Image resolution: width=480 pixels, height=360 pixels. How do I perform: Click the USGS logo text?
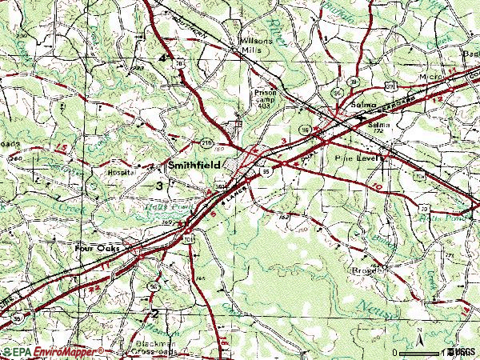pyautogui.click(x=463, y=351)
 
